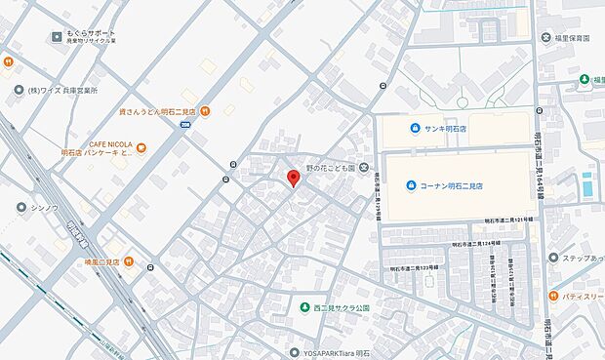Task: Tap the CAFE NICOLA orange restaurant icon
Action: (x=141, y=148)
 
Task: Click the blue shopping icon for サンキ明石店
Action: (x=414, y=128)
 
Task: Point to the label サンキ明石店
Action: (x=455, y=128)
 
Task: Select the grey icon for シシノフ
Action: (x=21, y=207)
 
